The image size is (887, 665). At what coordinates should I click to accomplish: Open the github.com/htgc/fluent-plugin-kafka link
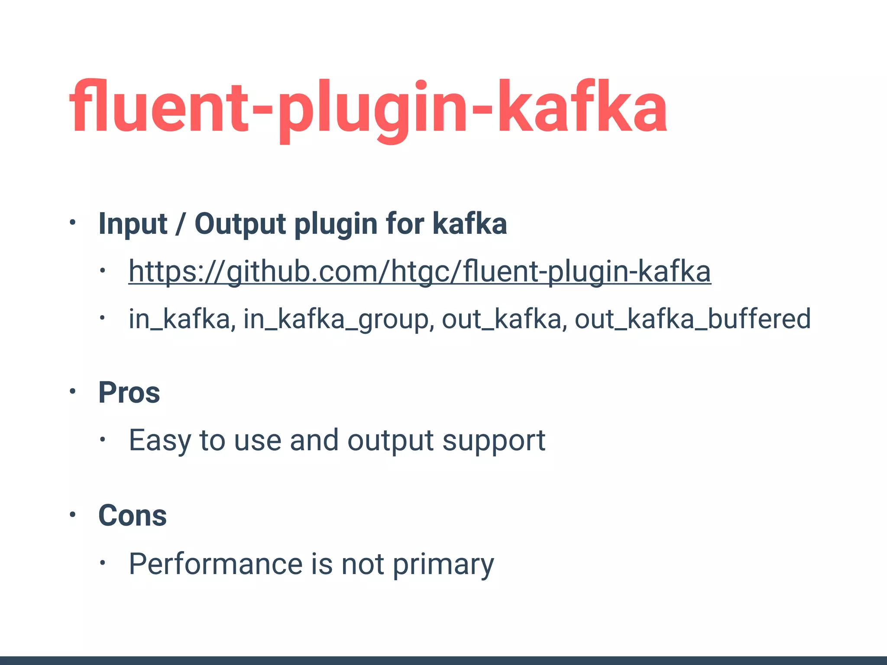tap(419, 272)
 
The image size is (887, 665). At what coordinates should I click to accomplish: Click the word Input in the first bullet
tap(133, 224)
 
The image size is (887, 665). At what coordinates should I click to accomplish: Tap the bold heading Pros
tap(129, 393)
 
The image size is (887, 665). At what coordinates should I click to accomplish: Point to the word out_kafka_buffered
tap(692, 319)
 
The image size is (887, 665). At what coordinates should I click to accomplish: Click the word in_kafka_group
tap(336, 319)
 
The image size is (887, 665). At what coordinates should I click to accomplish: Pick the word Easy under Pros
tap(159, 441)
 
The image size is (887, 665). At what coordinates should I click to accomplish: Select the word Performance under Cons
tap(215, 564)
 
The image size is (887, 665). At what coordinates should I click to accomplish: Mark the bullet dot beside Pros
tap(73, 391)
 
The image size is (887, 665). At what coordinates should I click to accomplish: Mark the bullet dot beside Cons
tap(73, 514)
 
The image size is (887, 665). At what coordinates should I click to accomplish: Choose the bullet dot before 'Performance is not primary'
tap(102, 563)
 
